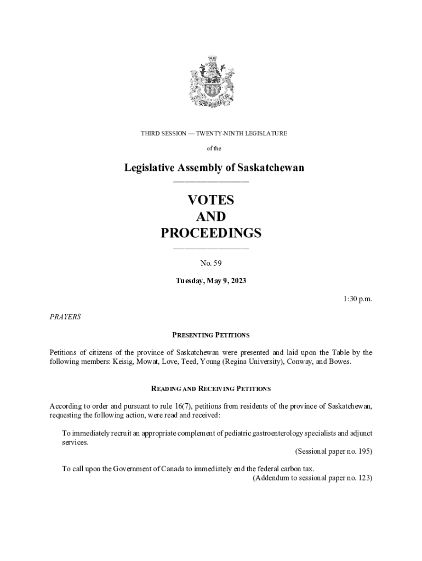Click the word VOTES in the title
point(211,200)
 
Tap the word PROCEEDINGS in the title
point(211,233)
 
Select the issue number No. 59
point(211,264)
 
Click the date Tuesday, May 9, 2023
point(211,281)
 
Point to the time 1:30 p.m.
point(358,299)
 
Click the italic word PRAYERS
point(65,317)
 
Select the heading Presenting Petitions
point(211,335)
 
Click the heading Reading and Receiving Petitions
point(211,388)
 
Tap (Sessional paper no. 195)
point(333,451)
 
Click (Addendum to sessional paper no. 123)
point(312,478)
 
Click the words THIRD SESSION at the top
point(163,133)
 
